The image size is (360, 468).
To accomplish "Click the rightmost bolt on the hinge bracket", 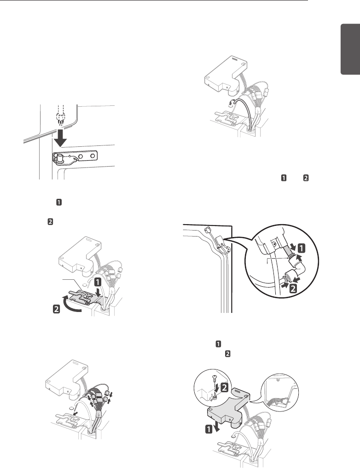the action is coord(93,156).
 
